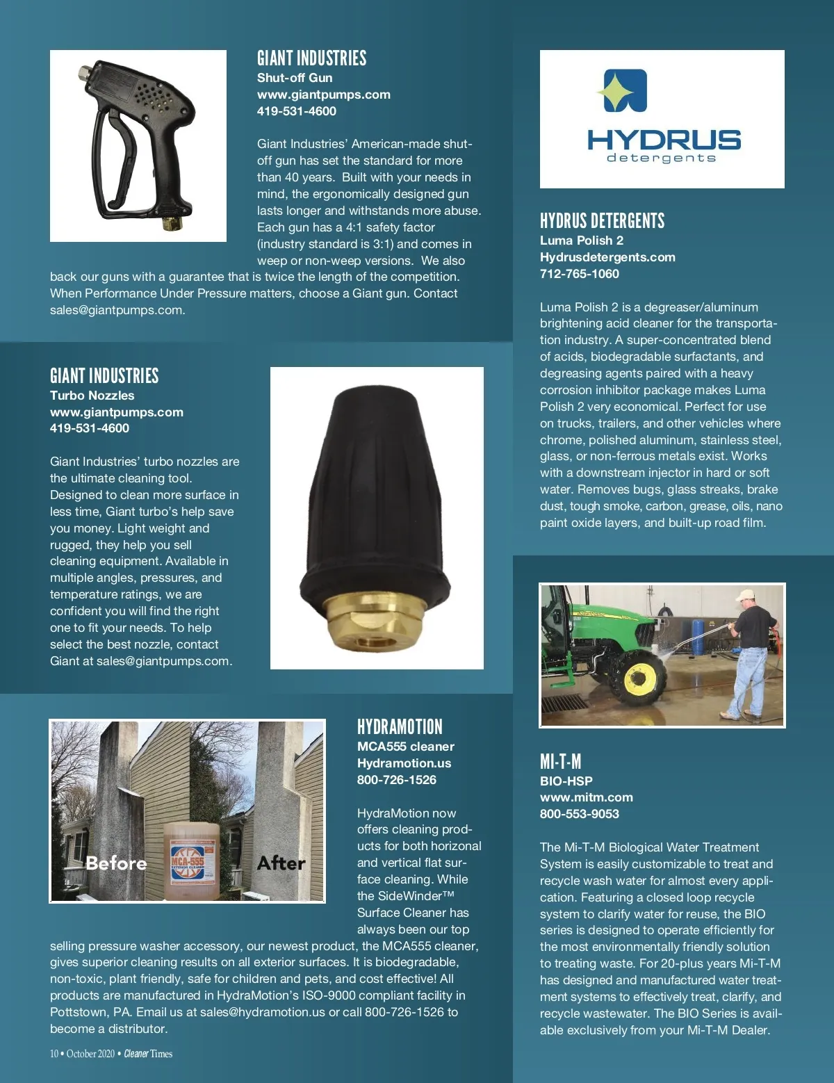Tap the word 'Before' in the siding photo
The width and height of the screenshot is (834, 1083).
(116, 863)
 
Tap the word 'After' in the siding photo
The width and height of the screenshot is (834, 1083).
(281, 863)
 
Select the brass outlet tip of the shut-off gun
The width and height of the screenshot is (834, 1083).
(168, 224)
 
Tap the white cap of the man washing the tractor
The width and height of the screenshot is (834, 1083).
(746, 594)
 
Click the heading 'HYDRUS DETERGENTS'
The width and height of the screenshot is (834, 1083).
(602, 222)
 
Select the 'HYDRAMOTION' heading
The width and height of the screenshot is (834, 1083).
(400, 728)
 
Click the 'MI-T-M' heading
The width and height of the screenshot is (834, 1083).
(560, 762)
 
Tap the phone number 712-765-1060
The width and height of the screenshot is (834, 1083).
(579, 274)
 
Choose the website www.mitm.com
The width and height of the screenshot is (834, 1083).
(586, 797)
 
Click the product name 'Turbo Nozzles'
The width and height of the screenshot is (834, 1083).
(92, 396)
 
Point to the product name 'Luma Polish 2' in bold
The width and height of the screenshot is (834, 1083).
(581, 241)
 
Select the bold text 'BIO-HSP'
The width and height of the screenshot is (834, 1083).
(566, 781)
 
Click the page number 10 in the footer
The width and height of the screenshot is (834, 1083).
(54, 1054)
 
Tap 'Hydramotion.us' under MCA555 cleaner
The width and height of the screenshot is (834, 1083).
(404, 763)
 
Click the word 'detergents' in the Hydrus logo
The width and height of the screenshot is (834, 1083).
(661, 158)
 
